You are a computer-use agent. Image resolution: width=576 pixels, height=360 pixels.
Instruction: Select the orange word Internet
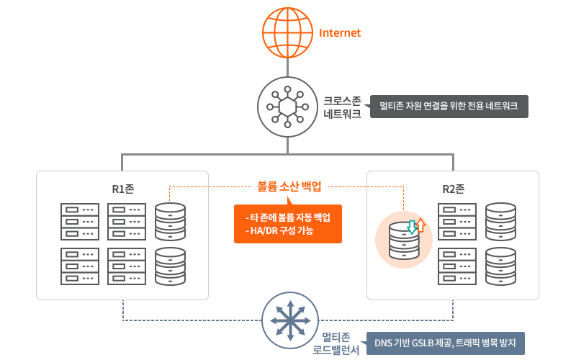point(339,33)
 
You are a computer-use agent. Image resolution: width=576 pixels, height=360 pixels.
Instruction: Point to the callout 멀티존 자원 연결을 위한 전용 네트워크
point(449,107)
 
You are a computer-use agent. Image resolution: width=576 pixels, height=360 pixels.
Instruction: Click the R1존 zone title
point(122,189)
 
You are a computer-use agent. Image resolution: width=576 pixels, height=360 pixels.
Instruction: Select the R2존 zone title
point(453,189)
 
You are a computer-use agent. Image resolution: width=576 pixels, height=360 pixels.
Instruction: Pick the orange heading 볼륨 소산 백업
point(288,186)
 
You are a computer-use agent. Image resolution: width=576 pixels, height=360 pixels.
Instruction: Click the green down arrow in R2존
point(411,227)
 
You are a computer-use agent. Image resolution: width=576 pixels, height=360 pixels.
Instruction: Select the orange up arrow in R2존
point(420,226)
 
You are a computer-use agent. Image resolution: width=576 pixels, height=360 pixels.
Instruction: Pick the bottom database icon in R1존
point(170,266)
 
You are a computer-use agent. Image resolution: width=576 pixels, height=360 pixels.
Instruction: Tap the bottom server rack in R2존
point(456,266)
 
